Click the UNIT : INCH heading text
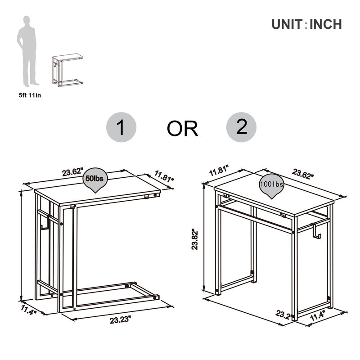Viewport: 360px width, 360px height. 306,24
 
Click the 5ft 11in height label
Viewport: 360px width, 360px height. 30,94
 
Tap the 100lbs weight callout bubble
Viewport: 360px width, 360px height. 271,185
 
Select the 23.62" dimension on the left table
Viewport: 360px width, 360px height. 73,172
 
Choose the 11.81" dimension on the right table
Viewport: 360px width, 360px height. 219,171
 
